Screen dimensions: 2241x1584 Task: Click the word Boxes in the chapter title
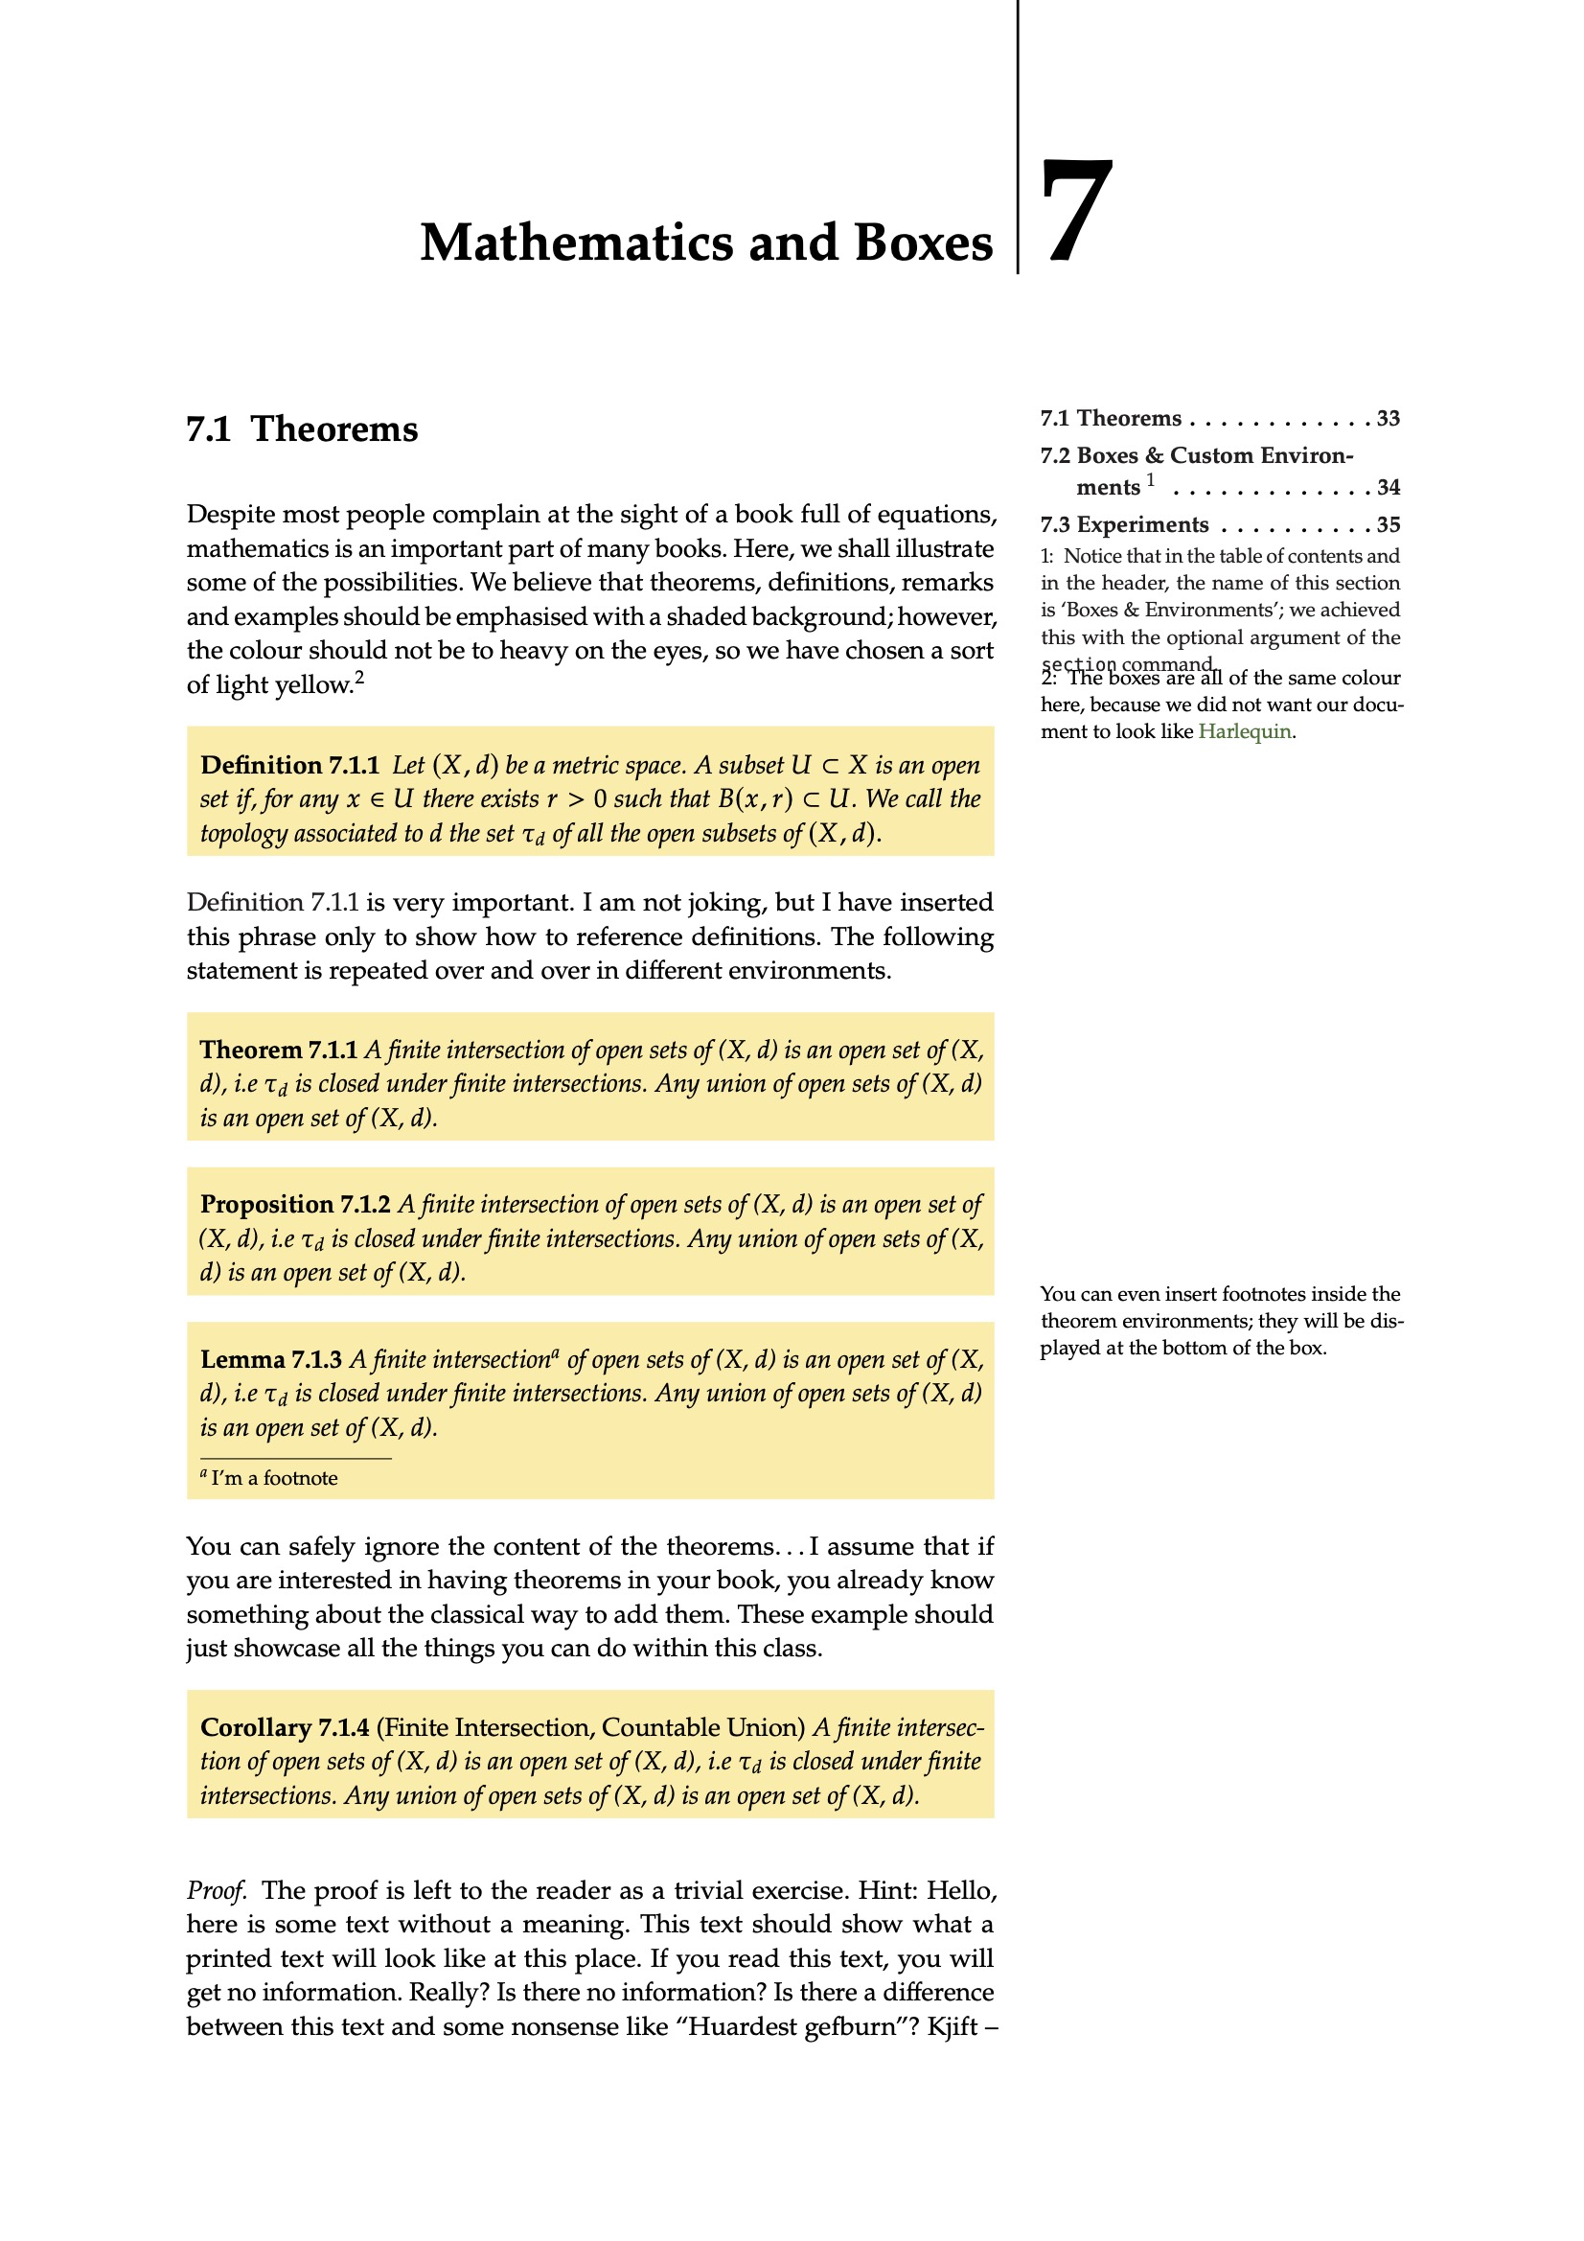tap(922, 243)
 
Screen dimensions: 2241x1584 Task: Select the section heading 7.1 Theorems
tap(302, 429)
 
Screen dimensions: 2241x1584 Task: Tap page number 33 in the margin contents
tap(1388, 419)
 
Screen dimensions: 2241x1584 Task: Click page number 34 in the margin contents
tap(1388, 487)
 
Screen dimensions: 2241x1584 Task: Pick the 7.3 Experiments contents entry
tap(1123, 525)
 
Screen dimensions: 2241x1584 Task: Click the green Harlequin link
tap(1245, 731)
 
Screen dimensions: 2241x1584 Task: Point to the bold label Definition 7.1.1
tap(288, 765)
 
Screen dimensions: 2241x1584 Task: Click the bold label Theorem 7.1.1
tap(278, 1051)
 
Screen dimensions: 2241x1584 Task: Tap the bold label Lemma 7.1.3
tap(270, 1359)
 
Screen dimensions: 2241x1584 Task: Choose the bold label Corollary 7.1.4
tap(284, 1727)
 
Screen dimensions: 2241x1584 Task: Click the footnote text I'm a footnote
tap(273, 1479)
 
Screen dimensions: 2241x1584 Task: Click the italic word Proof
tap(216, 1890)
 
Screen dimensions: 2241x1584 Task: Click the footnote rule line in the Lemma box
tap(295, 1458)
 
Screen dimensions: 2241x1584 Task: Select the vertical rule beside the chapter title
tap(1017, 137)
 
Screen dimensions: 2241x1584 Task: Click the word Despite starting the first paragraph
tap(230, 515)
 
